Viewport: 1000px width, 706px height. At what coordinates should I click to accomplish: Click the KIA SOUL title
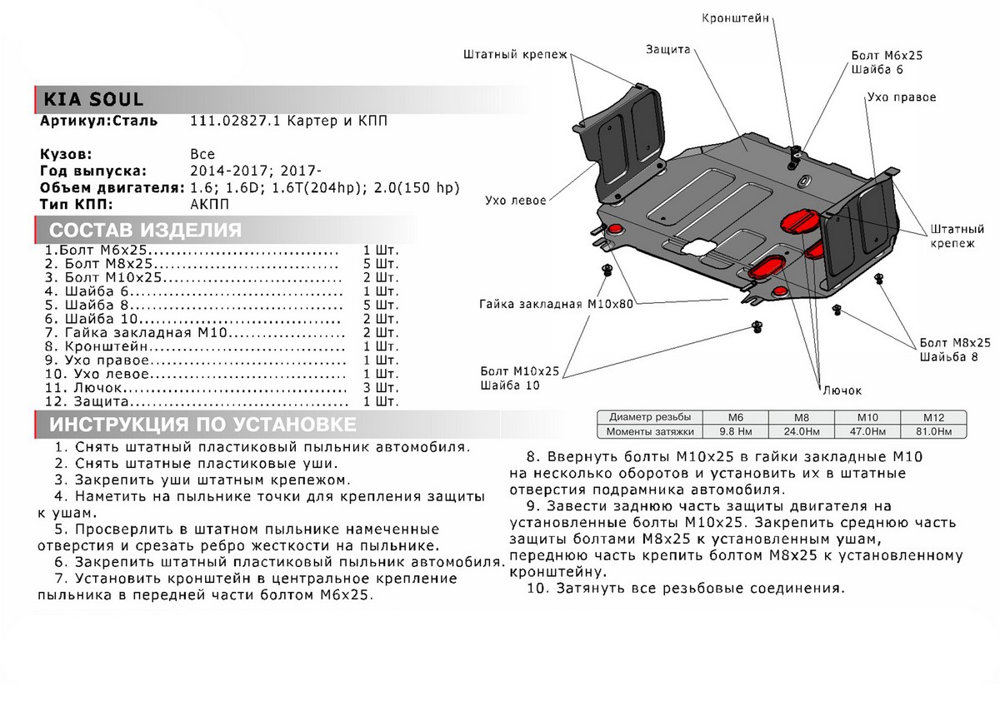[x=88, y=100]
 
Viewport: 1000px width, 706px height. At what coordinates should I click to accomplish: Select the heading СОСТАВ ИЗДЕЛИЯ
[x=146, y=231]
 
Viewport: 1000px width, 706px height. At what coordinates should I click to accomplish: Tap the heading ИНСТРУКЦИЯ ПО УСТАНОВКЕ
[x=202, y=425]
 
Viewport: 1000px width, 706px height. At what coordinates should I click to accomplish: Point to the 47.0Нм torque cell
[x=869, y=431]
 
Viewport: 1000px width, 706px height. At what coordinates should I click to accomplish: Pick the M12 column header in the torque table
[x=932, y=417]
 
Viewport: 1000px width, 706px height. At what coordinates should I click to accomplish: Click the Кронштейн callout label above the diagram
[x=734, y=17]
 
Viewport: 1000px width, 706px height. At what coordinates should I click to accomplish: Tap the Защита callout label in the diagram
[x=667, y=49]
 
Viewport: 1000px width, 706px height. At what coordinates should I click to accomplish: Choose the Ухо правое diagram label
[x=901, y=97]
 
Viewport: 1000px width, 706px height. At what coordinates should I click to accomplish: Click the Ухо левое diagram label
[x=515, y=201]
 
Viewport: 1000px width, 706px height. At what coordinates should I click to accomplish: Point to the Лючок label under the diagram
[x=842, y=390]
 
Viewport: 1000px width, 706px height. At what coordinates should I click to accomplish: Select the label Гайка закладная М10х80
[x=556, y=304]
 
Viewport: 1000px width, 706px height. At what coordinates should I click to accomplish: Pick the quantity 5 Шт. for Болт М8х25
[x=381, y=264]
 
